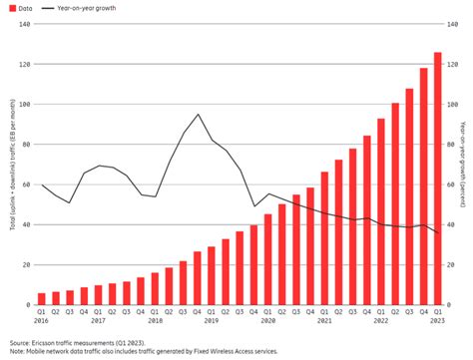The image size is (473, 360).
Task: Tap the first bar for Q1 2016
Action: tap(42, 298)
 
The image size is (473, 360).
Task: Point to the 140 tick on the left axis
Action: tap(23, 24)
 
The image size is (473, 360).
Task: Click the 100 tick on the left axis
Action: tap(23, 104)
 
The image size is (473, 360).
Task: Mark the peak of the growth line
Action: tap(198, 115)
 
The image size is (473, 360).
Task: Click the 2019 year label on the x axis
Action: tap(212, 321)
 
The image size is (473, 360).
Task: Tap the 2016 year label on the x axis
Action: tap(42, 321)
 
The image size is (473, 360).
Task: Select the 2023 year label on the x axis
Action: tap(437, 321)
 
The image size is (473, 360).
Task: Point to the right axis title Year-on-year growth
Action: tap(465, 165)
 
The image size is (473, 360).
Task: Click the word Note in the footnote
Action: tap(16, 352)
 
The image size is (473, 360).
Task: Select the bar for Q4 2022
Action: tap(423, 186)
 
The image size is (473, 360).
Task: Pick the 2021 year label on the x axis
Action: tap(324, 321)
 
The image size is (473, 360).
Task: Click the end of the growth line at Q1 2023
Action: tap(437, 233)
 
